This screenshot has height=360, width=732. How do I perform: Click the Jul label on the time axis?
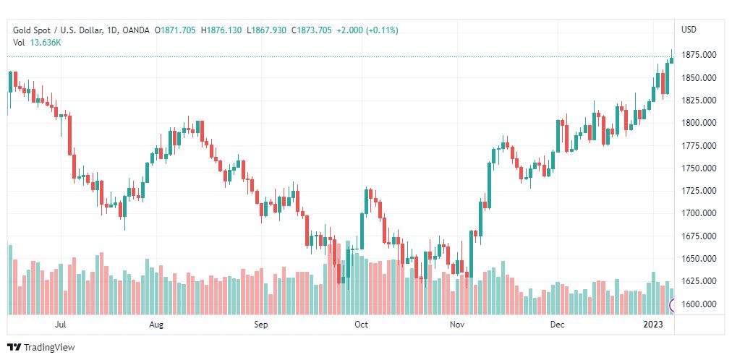[x=61, y=325]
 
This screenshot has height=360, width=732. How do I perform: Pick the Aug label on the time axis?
[x=156, y=325]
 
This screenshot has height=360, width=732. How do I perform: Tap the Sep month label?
[x=261, y=325]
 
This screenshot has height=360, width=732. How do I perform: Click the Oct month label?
[x=361, y=325]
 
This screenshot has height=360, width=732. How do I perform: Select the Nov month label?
[x=457, y=325]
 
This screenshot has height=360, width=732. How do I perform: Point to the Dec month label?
[x=557, y=325]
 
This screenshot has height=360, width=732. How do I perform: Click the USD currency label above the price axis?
[x=689, y=30]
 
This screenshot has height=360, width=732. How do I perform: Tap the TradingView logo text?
[x=49, y=348]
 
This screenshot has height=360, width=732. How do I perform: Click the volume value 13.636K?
[x=46, y=42]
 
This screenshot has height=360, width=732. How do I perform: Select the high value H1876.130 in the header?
[x=222, y=30]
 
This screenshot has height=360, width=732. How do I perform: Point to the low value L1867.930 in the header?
[x=267, y=30]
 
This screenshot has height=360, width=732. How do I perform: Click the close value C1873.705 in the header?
[x=312, y=30]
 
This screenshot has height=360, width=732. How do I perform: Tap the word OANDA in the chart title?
[x=137, y=30]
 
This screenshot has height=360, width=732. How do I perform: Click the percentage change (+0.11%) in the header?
[x=382, y=30]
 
